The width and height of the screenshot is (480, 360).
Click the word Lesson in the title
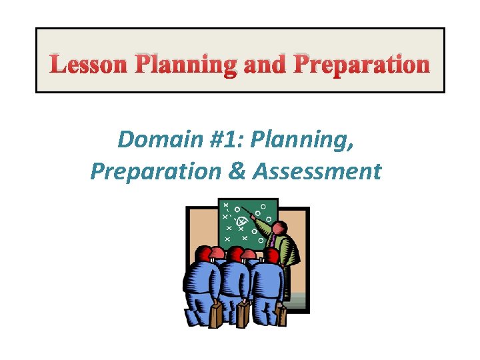point(89,65)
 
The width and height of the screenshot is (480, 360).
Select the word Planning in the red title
point(185,65)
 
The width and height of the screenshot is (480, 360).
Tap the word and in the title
point(263,65)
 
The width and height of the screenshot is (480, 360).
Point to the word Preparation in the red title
point(361,65)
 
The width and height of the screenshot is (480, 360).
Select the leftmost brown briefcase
point(215,315)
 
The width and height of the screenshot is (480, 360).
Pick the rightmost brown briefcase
point(280,315)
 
